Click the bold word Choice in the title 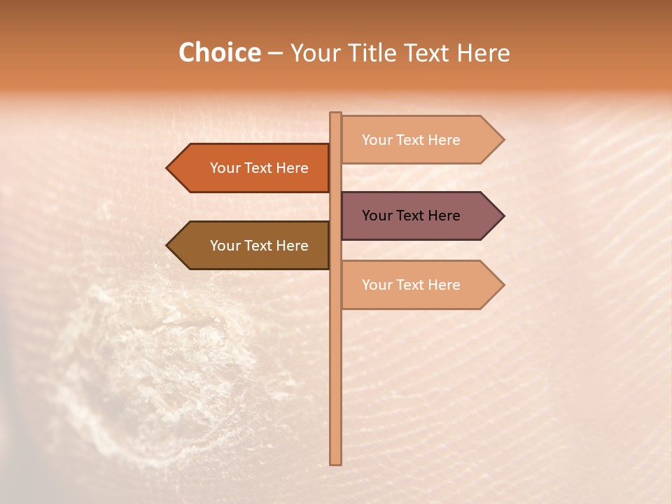219,52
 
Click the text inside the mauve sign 411,216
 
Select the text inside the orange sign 259,168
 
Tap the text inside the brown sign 259,246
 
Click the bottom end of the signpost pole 335,462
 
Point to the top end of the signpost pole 335,115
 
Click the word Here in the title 483,52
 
